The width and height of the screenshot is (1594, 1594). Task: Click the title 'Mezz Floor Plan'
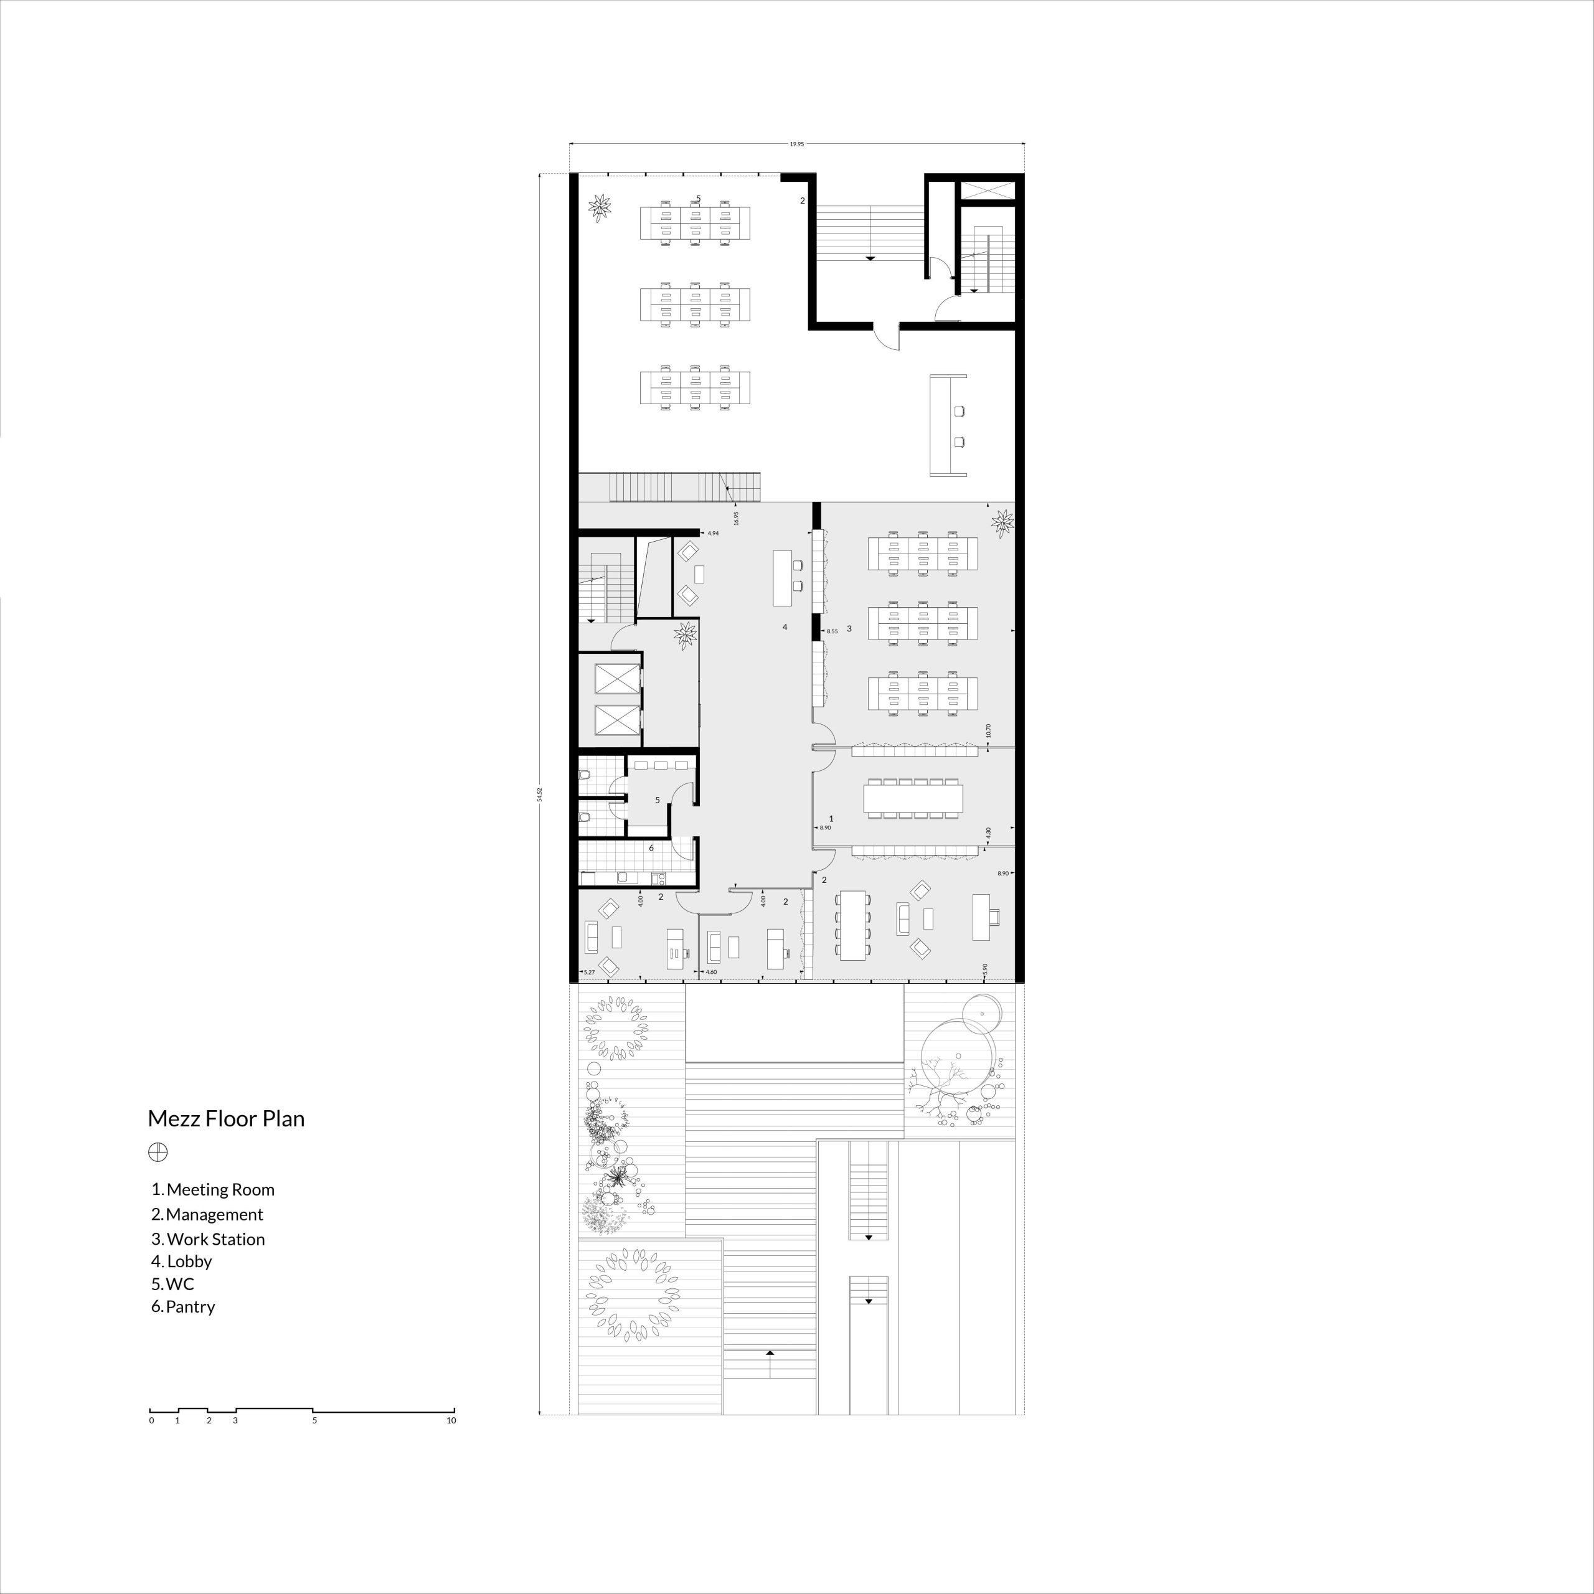click(x=226, y=1120)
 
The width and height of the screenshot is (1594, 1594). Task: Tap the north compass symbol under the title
click(x=158, y=1153)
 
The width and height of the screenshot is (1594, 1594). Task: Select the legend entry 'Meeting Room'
click(x=213, y=1190)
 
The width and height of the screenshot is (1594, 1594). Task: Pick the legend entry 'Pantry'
click(x=183, y=1307)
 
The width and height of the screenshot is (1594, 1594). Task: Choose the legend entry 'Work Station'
click(x=208, y=1239)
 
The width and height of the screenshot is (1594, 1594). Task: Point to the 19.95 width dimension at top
click(x=796, y=144)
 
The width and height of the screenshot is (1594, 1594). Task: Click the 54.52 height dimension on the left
click(x=540, y=794)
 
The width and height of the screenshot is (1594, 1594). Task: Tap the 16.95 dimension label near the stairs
click(x=736, y=518)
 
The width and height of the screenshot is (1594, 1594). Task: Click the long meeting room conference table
click(x=913, y=798)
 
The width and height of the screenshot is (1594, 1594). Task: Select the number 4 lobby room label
click(x=785, y=627)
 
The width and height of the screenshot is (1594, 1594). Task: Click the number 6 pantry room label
click(x=651, y=848)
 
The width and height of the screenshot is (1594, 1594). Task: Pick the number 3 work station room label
click(x=849, y=629)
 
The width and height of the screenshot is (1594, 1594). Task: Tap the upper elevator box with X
click(x=617, y=678)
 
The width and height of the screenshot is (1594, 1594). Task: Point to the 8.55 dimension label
click(x=832, y=631)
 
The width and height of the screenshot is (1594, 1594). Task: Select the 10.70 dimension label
click(x=988, y=731)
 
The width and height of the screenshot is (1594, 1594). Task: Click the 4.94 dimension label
click(x=713, y=534)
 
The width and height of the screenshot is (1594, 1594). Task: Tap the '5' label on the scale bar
click(x=314, y=1421)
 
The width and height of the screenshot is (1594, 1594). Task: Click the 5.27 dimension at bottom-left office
click(x=589, y=973)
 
